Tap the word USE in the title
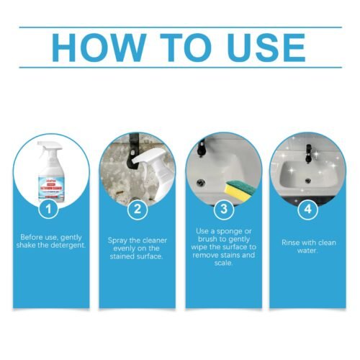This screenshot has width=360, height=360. [264, 47]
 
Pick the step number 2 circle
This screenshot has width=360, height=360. [137, 211]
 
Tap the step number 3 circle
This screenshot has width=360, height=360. [224, 211]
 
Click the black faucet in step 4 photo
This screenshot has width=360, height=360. [307, 153]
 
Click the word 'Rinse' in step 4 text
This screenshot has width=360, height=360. [290, 243]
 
